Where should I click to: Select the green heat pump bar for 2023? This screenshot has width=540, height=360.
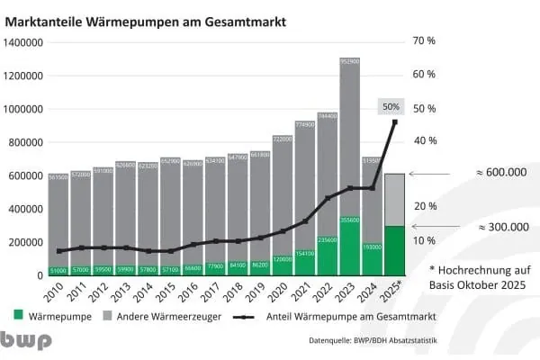(x=350, y=246)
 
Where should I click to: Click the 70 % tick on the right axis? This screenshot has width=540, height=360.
(x=424, y=41)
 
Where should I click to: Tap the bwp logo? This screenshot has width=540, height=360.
(x=26, y=341)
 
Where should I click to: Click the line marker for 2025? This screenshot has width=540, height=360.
(x=394, y=121)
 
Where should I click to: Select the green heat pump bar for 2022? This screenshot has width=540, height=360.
(x=328, y=256)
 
